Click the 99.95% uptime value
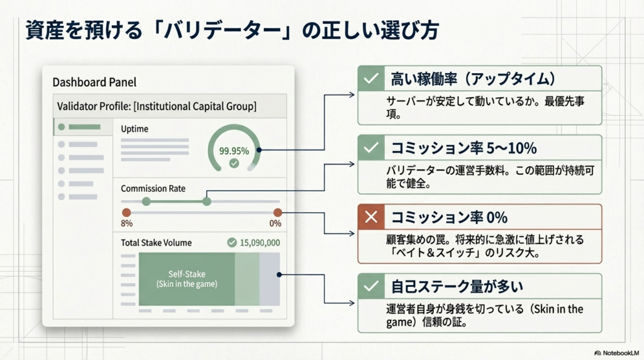pos(234,151)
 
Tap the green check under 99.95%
pos(234,164)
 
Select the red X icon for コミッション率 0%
pos(371,217)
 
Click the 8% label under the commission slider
pos(126,223)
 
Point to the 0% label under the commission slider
pos(275,223)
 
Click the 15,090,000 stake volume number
pos(260,243)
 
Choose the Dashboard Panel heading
pos(94,82)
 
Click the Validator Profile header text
pos(157,106)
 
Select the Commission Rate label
pos(153,189)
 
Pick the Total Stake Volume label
pos(156,243)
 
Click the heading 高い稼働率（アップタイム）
pos(473,79)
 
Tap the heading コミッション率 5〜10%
pos(464,148)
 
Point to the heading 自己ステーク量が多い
pos(457,286)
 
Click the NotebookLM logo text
pos(621,353)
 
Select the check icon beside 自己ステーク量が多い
pos(371,286)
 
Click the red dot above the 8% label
pos(126,213)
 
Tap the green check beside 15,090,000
pos(232,242)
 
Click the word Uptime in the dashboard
pos(135,129)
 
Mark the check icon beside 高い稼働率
pos(371,78)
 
